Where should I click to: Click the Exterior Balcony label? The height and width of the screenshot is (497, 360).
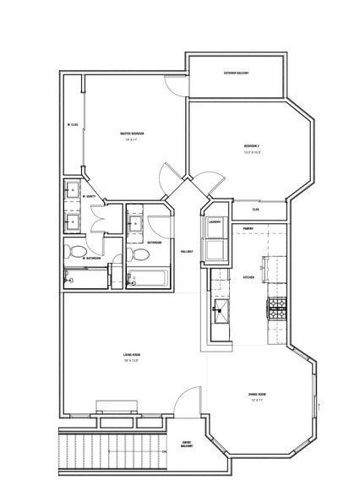[x=236, y=74]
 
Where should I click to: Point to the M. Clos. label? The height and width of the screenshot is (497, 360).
[x=73, y=125]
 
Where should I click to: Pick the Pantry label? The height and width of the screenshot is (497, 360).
[x=249, y=228]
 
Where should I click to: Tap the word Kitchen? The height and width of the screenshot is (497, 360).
[x=248, y=277]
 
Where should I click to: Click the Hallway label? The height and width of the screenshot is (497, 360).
[x=187, y=251]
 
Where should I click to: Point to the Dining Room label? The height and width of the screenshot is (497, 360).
[x=257, y=395]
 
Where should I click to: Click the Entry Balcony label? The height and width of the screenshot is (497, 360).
[x=187, y=444]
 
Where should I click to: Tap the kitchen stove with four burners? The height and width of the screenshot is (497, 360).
[x=276, y=307]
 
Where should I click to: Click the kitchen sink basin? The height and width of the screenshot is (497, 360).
[x=221, y=309]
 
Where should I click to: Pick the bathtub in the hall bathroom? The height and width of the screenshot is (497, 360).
[x=149, y=278]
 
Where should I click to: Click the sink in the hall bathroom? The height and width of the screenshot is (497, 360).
[x=135, y=225]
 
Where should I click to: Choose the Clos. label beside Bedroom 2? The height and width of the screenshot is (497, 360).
[x=255, y=209]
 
